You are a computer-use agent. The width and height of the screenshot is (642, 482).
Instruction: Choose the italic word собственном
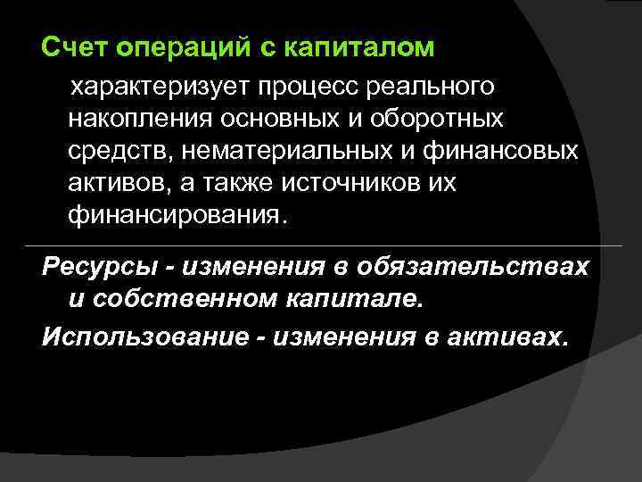(x=174, y=299)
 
